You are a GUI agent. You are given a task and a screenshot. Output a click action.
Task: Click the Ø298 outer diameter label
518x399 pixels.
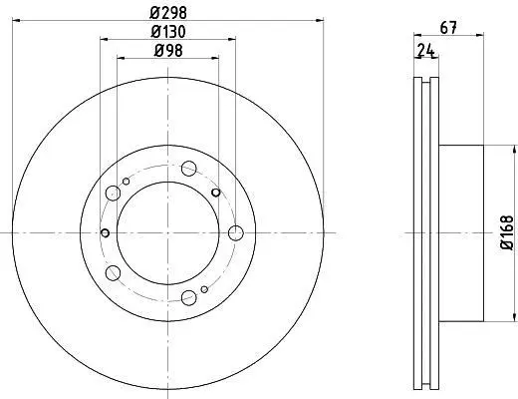pos(168,13)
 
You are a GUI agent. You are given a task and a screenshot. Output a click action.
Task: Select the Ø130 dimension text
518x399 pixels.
pos(168,32)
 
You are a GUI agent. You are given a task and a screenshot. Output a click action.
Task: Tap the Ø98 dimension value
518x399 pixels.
pos(168,51)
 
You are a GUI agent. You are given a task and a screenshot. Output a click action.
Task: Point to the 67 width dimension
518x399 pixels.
pos(448,28)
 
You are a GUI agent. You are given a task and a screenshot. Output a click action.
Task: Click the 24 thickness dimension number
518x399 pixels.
pos(425,50)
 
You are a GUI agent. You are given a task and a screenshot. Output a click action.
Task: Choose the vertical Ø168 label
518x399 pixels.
pos(507,232)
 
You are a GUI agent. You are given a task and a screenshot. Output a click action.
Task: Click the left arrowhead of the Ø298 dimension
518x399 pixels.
pos(17,21)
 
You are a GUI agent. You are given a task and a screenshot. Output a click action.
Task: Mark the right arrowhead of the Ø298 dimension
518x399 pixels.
pos(319,21)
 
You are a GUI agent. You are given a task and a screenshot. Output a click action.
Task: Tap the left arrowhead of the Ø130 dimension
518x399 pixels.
pos(105,39)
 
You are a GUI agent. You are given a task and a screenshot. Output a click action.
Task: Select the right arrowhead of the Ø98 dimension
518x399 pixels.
pos(214,58)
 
